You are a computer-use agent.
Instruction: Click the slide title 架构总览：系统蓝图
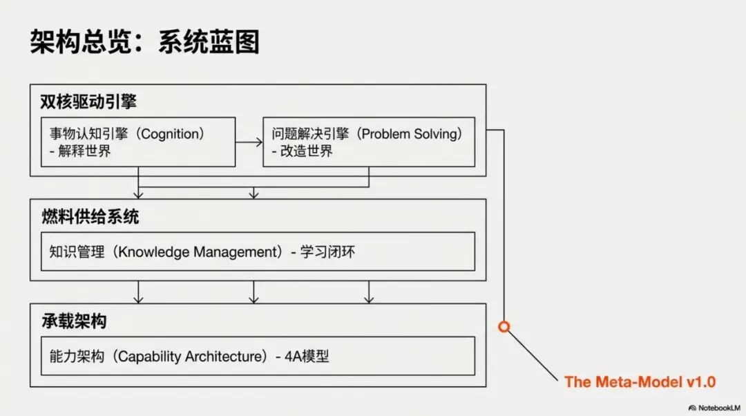(x=144, y=43)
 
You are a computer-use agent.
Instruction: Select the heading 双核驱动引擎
(x=88, y=102)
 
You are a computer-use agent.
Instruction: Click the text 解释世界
(x=85, y=151)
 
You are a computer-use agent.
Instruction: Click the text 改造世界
(x=307, y=151)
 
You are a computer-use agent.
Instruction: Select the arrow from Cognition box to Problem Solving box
(x=249, y=142)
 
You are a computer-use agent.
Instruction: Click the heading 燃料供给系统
(x=90, y=217)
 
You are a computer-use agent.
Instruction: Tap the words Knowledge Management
(x=197, y=252)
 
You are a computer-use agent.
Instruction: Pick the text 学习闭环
(x=328, y=252)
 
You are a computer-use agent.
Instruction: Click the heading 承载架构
(x=73, y=322)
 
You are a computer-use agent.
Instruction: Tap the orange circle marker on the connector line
(x=504, y=326)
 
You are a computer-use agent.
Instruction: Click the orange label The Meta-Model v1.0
(x=640, y=381)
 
